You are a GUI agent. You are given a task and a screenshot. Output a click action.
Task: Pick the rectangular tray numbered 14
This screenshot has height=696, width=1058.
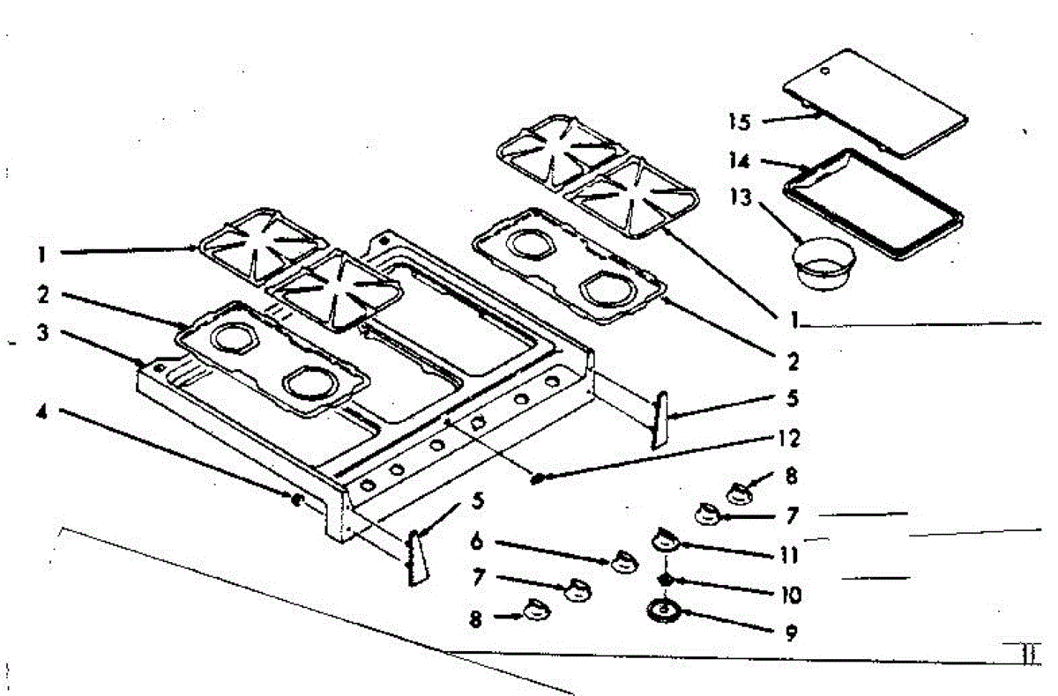pos(873,204)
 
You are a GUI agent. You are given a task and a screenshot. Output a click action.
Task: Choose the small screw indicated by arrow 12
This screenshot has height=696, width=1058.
pos(535,478)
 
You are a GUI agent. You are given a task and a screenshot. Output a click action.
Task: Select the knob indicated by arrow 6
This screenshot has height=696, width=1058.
pos(623,559)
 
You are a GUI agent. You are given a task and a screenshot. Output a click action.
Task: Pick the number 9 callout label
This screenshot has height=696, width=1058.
pos(790,633)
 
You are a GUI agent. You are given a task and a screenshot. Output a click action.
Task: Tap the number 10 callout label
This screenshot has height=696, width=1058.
pos(790,595)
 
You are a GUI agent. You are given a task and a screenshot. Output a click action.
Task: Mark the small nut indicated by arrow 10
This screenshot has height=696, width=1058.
pos(666,580)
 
